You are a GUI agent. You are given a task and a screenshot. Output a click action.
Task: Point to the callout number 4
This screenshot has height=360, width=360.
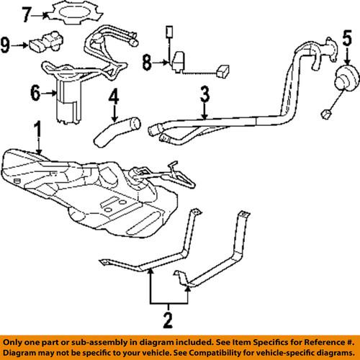(x=114, y=95)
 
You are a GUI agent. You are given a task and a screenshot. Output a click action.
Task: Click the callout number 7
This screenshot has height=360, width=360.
(x=27, y=12)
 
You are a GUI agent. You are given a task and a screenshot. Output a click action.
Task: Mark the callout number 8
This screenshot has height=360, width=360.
(x=147, y=64)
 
